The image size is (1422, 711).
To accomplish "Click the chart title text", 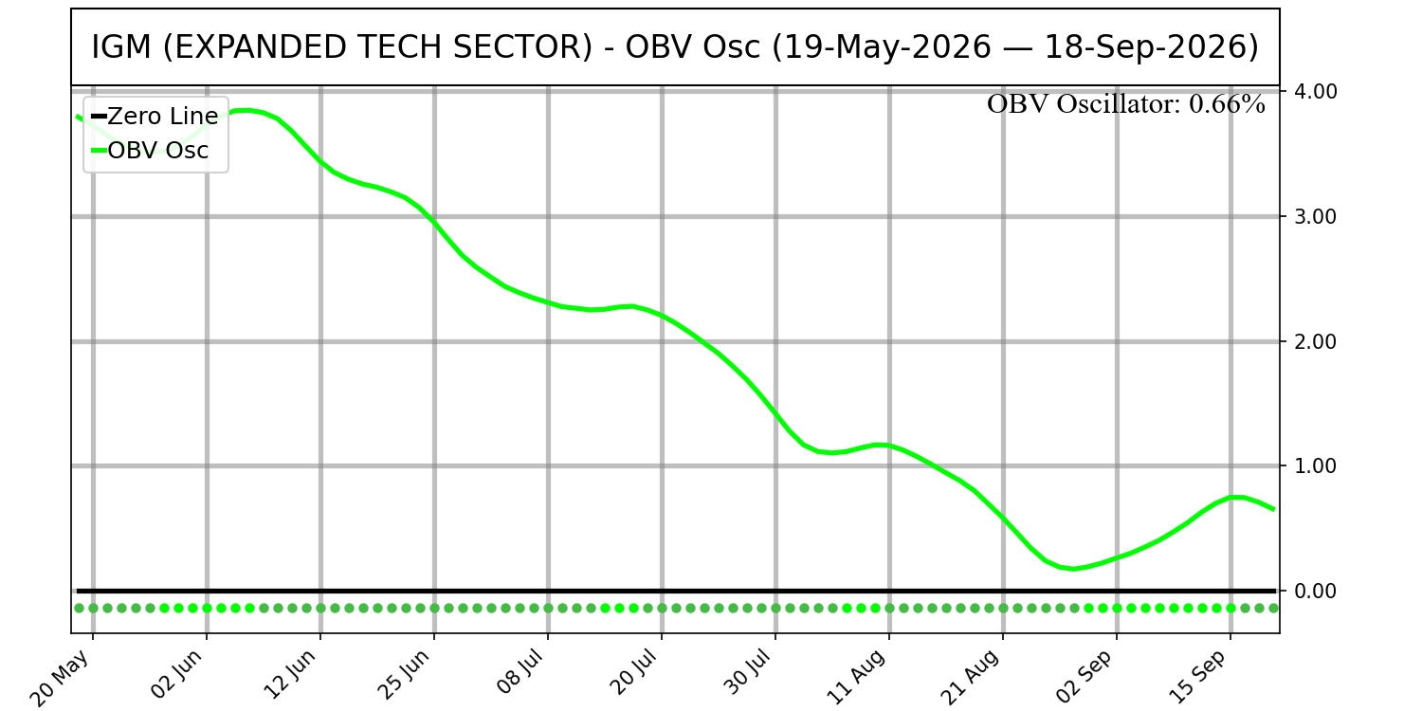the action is (675, 47).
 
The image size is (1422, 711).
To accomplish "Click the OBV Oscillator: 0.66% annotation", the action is (1125, 104).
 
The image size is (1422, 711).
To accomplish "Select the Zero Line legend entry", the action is (155, 117).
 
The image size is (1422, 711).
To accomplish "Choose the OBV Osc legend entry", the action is (150, 151).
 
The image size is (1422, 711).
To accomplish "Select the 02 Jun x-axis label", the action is (176, 675).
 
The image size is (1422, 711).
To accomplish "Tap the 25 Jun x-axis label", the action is (404, 675).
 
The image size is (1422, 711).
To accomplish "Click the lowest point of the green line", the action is (1073, 569).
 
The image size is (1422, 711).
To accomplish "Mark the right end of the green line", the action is (1274, 509).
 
